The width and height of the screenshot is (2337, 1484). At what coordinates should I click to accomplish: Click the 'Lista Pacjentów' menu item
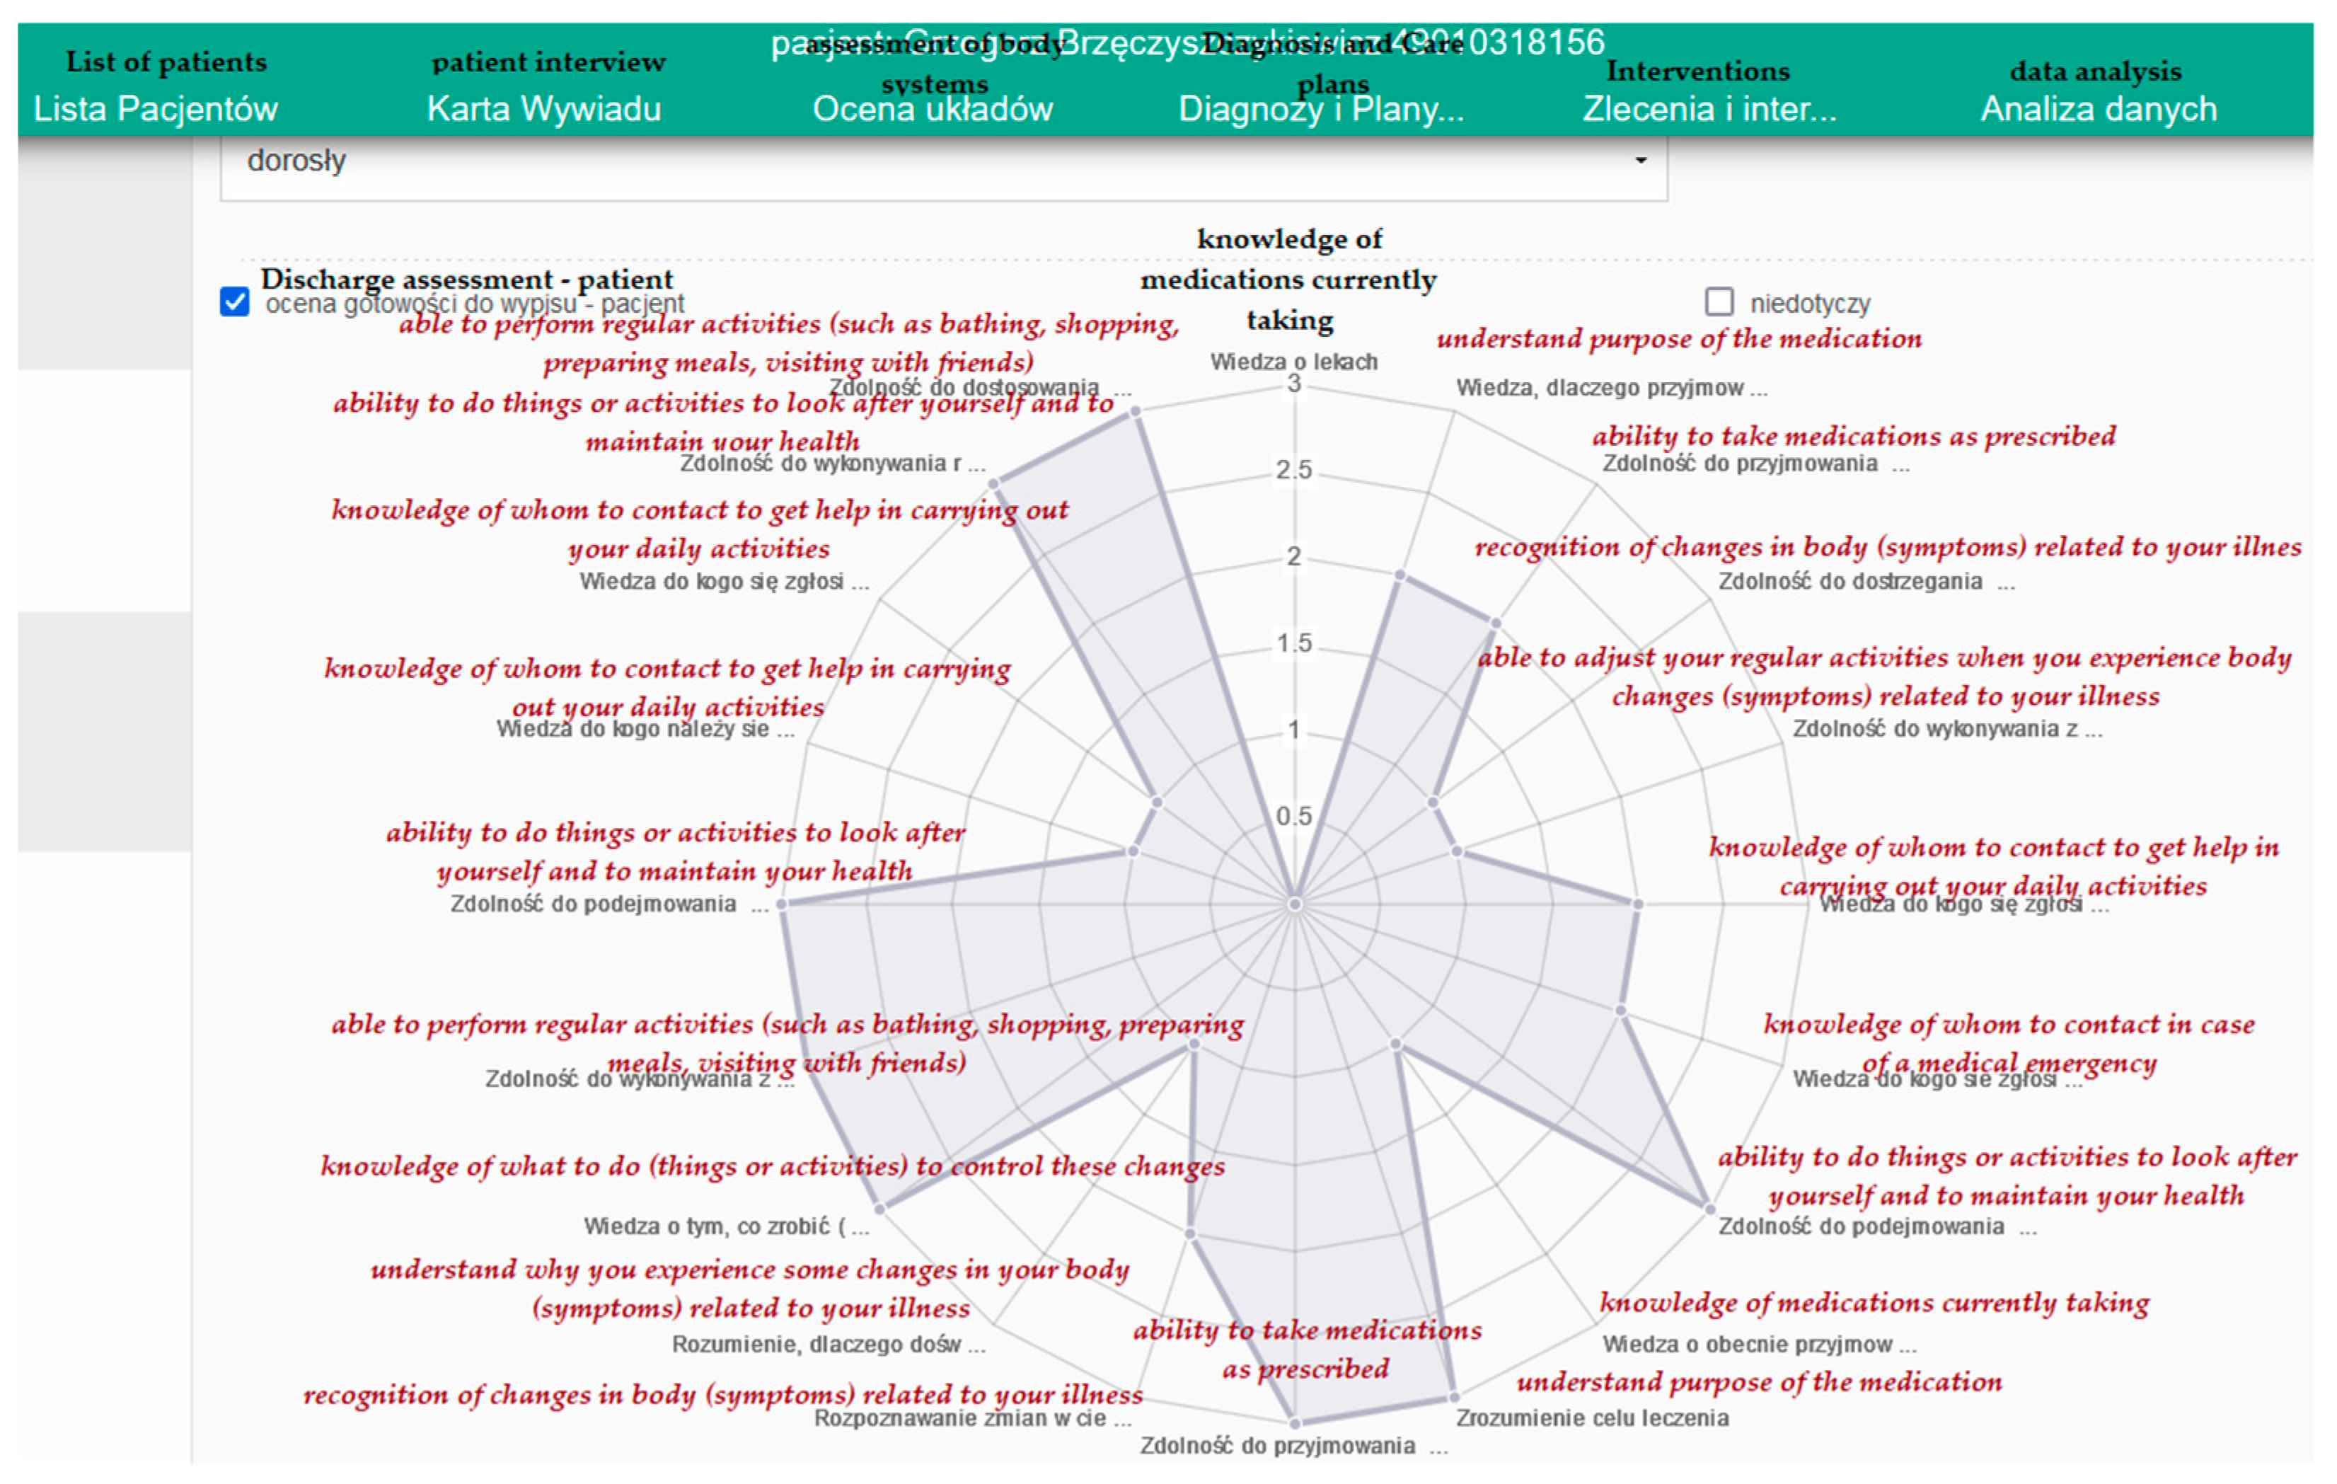(155, 109)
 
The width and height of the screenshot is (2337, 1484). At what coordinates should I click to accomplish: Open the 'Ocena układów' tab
(932, 109)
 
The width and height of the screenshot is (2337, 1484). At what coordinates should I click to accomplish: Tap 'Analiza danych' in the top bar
(2099, 109)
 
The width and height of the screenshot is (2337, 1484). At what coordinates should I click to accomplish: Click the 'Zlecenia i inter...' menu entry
(1709, 109)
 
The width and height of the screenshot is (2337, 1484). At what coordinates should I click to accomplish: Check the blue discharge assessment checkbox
(235, 302)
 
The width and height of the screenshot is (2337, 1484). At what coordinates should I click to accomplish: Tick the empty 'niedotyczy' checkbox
(1719, 302)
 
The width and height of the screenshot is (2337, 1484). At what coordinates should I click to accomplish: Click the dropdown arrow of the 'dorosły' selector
(1640, 160)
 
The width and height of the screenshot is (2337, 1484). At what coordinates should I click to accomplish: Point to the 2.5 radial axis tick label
(1293, 470)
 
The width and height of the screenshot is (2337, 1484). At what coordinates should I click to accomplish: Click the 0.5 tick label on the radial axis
(1293, 816)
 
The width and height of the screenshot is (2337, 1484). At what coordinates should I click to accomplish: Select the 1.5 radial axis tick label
(1293, 643)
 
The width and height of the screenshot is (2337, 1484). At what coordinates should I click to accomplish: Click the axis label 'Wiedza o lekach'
(1293, 362)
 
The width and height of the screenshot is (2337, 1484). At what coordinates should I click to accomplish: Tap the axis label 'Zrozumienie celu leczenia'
(1592, 1418)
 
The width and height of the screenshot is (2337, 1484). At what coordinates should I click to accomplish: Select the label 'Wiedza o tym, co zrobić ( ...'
(726, 1227)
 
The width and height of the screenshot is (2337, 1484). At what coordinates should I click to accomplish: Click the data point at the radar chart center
(1293, 904)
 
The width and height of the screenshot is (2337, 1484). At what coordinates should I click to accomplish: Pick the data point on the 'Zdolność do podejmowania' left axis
(783, 904)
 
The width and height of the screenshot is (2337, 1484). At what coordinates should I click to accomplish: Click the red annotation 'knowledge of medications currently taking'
(1873, 1303)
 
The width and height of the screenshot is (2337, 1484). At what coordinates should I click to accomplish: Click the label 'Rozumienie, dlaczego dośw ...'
(828, 1345)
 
